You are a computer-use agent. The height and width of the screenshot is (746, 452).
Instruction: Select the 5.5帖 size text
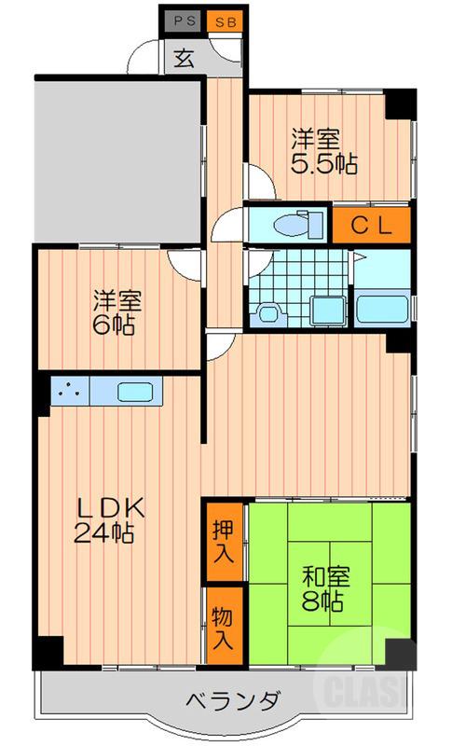[x=324, y=164]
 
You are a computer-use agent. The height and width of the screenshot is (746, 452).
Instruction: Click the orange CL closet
[x=372, y=224]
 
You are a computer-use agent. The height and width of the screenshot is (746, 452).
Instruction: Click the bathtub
[x=382, y=307]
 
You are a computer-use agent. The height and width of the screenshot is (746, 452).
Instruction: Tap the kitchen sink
[x=136, y=392]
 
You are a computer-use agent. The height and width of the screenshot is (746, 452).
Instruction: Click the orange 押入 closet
[x=224, y=540]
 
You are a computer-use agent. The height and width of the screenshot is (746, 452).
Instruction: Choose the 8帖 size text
[x=323, y=601]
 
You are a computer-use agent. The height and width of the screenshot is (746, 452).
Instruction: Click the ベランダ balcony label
[x=228, y=701]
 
